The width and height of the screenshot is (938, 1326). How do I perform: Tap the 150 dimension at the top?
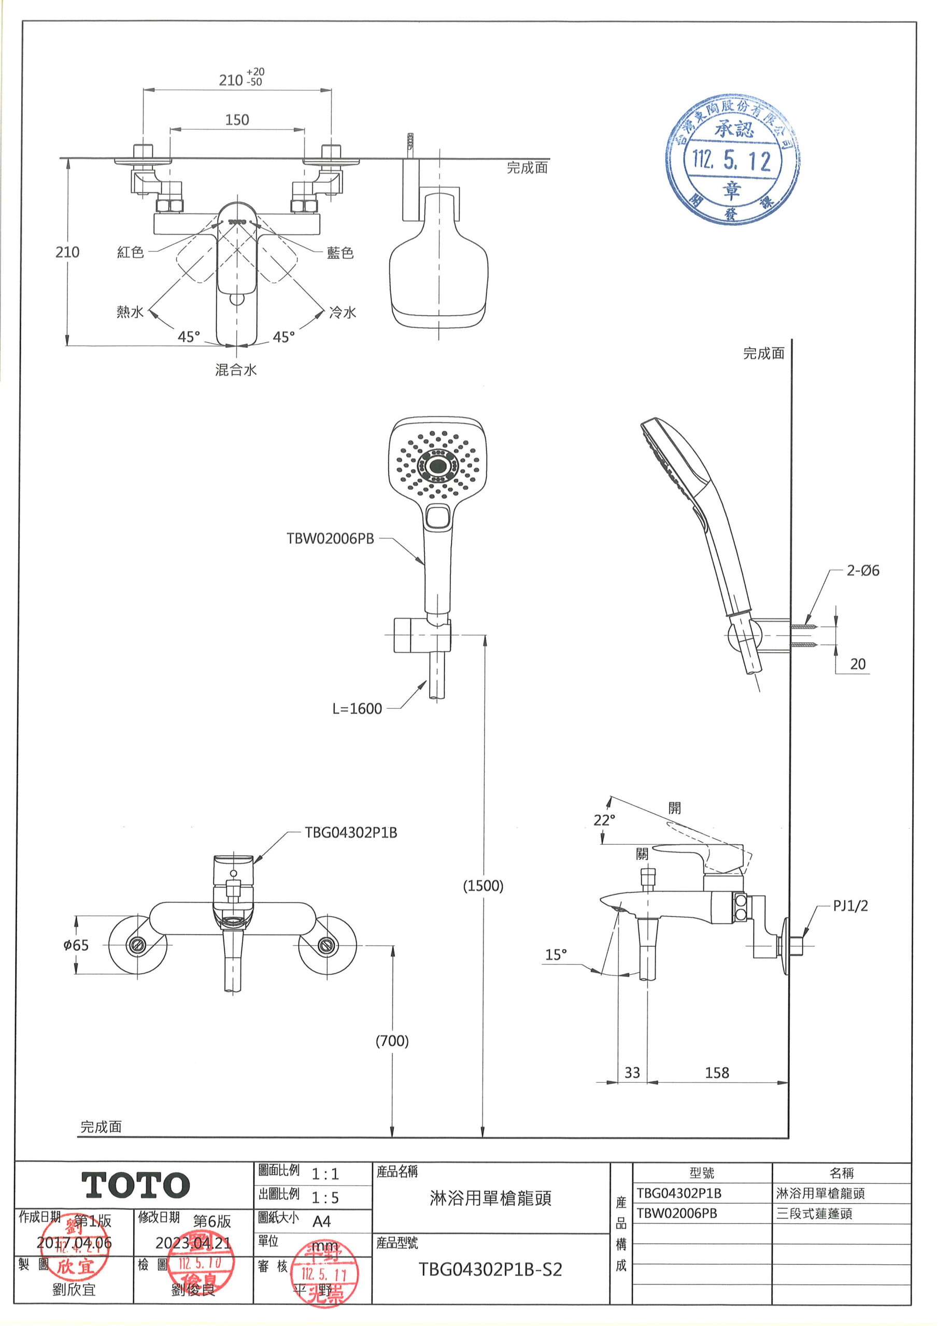(x=237, y=120)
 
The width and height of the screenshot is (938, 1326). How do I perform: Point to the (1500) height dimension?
(x=483, y=885)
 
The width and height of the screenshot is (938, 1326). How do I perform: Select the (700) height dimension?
(x=392, y=1041)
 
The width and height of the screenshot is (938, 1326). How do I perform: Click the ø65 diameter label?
(x=76, y=945)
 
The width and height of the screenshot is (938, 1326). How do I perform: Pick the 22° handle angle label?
(x=605, y=819)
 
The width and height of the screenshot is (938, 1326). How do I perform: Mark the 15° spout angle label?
(x=556, y=955)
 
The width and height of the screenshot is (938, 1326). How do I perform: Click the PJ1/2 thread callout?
(x=850, y=905)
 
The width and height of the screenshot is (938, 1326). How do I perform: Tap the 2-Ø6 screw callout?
(x=863, y=571)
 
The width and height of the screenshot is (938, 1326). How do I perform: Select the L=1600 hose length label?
(x=357, y=709)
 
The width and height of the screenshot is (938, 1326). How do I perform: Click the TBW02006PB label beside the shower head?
(x=331, y=538)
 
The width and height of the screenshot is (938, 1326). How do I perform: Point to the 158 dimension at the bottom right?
(x=717, y=1073)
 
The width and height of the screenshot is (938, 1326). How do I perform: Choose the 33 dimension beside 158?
(x=632, y=1073)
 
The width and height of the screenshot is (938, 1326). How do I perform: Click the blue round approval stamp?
(x=732, y=160)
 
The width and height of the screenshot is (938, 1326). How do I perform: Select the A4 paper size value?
(x=321, y=1221)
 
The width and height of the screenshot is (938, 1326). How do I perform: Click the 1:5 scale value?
(x=325, y=1198)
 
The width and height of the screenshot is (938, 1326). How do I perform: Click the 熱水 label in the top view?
(x=130, y=312)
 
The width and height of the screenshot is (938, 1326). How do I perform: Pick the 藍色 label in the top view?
(x=340, y=252)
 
